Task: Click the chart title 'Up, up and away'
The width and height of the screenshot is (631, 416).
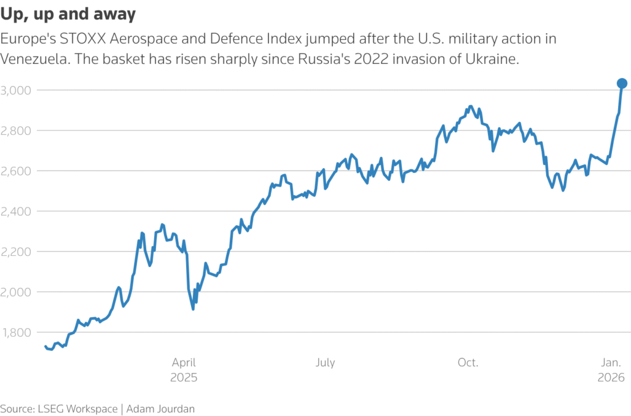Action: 68,14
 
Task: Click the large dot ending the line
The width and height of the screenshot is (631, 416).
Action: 622,84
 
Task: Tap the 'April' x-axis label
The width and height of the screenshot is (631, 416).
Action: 184,362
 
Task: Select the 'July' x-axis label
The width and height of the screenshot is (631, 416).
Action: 325,362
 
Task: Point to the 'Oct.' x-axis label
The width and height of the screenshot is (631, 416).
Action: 468,362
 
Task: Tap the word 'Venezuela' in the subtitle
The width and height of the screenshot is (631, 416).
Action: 33,59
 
